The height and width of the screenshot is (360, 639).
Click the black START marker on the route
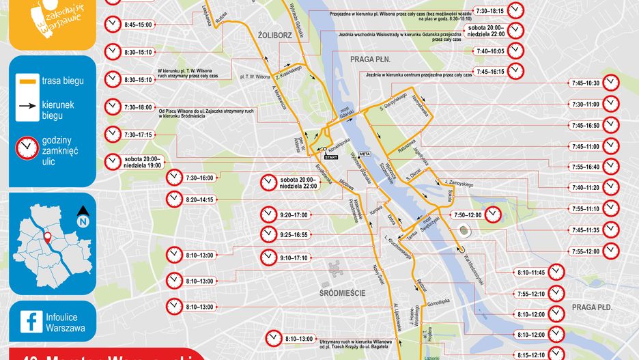pyautogui.click(x=331, y=157)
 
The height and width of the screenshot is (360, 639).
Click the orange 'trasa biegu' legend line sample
pyautogui.click(x=28, y=81)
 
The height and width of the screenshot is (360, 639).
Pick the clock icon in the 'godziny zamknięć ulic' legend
pyautogui.click(x=28, y=147)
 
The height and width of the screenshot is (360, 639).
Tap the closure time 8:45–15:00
pyautogui.click(x=138, y=25)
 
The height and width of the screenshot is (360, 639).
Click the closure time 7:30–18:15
pyautogui.click(x=489, y=11)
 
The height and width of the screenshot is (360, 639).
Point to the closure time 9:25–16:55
pyautogui.click(x=294, y=234)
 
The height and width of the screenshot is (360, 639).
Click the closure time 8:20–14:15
pyautogui.click(x=199, y=199)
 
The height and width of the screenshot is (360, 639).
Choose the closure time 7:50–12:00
pyautogui.click(x=466, y=214)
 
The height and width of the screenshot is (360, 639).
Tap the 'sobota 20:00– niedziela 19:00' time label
pyautogui.click(x=143, y=162)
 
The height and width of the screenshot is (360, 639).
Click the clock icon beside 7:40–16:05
pyautogui.click(x=515, y=51)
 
